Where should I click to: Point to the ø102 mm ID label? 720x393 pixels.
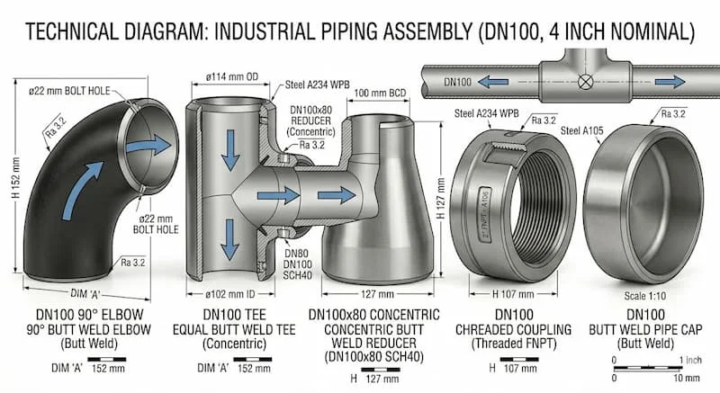(x=230, y=292)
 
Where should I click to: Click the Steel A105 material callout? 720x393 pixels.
(x=583, y=130)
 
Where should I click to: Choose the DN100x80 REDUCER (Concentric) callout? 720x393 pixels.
(x=310, y=119)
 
